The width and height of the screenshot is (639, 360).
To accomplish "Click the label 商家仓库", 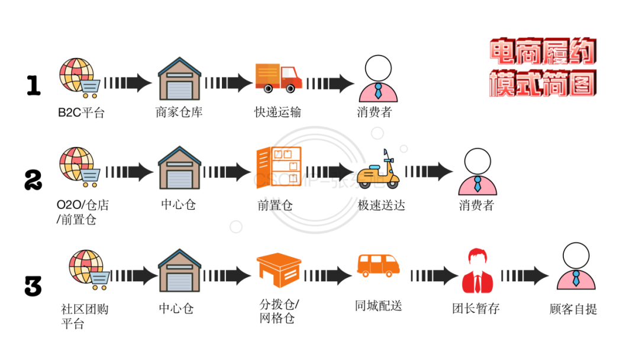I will pos(179,112).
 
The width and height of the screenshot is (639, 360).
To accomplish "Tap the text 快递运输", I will pos(277,112).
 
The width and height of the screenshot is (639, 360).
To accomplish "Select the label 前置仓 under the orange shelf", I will pos(275,205).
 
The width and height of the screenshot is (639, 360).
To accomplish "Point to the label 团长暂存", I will pos(476,308).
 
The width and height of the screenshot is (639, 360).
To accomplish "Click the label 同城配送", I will pos(378,306).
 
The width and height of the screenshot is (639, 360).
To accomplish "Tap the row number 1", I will pos(34,86).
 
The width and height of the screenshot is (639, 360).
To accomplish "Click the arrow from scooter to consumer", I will pos(429,172).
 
